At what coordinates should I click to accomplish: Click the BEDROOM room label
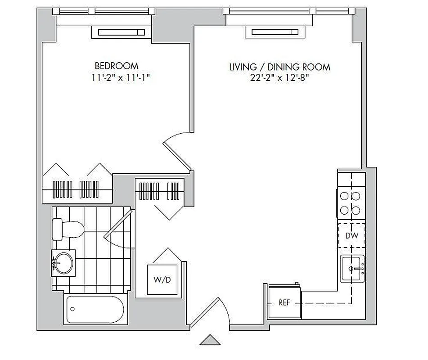tap(117, 66)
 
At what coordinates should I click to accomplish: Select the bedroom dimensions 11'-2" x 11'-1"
tap(120, 77)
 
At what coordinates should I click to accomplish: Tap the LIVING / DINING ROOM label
tap(279, 67)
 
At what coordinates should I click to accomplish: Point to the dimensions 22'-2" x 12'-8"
tap(279, 78)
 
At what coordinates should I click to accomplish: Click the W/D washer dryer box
tap(162, 279)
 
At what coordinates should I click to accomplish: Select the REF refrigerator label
tap(284, 303)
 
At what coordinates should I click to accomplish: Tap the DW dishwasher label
tap(351, 235)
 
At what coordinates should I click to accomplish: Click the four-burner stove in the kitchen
tap(351, 202)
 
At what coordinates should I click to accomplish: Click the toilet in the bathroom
tap(67, 229)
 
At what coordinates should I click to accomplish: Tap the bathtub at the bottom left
tap(95, 309)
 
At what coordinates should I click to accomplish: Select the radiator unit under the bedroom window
tap(121, 32)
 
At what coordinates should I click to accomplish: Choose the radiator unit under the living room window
tap(275, 32)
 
